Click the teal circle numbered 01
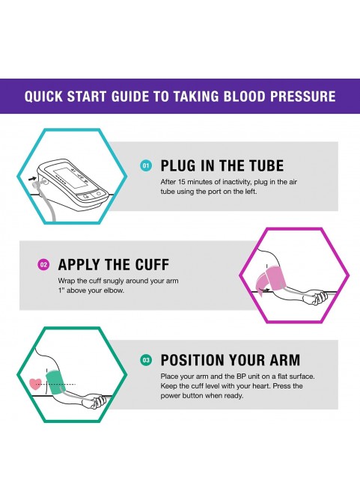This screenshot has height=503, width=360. [146, 165]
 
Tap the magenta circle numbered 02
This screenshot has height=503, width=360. [43, 265]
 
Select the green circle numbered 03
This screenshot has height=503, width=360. [146, 360]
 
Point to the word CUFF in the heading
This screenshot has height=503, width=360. [152, 265]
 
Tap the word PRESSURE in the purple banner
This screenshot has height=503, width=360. [303, 97]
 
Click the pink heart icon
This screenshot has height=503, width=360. [35, 384]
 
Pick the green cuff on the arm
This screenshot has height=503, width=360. [55, 382]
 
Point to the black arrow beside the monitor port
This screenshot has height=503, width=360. [32, 179]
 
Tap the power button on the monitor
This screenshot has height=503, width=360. [99, 193]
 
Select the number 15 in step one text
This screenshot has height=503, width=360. [181, 182]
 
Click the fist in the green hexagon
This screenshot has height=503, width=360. [97, 401]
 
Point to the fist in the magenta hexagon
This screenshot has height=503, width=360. [317, 297]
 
